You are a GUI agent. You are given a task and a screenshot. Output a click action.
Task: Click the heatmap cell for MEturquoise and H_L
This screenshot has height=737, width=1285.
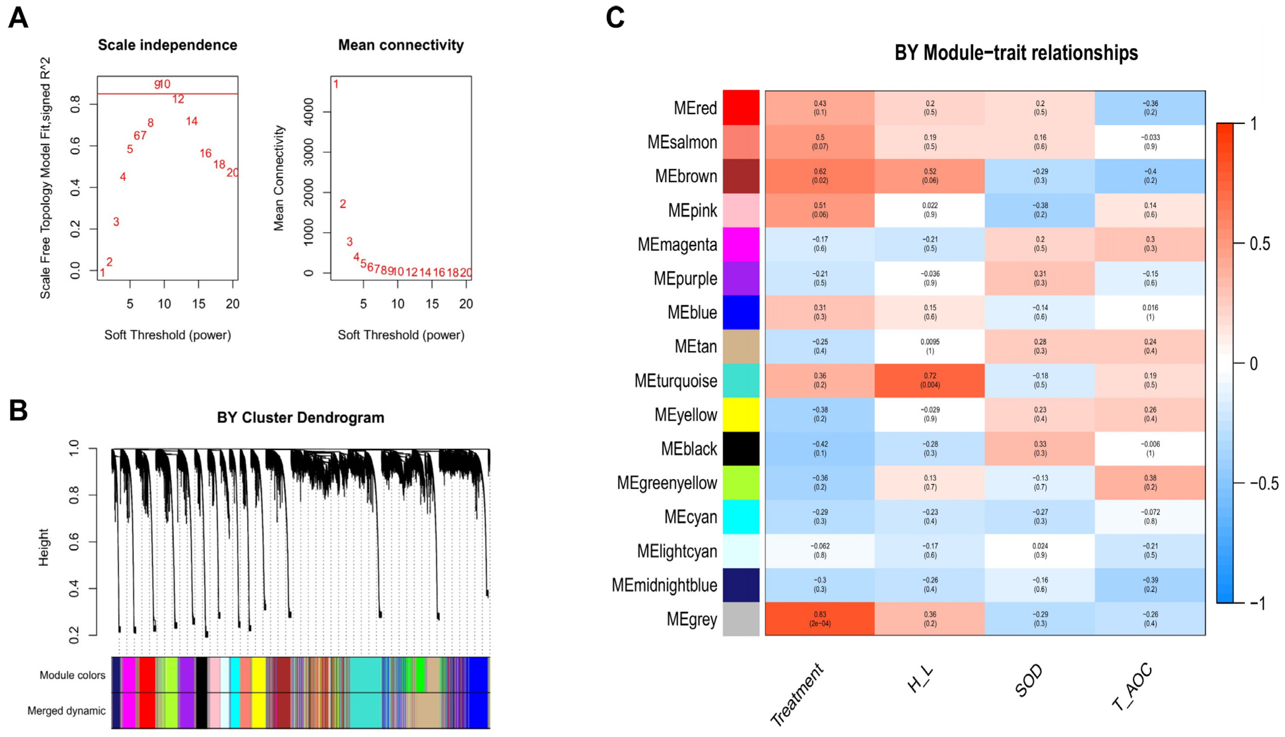point(929,380)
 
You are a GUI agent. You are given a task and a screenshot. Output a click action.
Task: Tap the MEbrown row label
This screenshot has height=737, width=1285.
point(686,176)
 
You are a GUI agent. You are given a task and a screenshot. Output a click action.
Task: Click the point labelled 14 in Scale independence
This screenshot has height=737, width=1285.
point(191,121)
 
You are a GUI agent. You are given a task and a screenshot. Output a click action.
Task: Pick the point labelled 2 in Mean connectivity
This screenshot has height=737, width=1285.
point(343,204)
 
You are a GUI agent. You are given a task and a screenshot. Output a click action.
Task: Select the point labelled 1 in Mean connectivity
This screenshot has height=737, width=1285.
point(336,84)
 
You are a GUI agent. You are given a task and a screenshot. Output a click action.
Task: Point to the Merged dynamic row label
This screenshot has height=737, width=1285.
point(66,711)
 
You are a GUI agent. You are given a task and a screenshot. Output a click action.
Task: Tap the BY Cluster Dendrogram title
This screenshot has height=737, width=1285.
point(300,418)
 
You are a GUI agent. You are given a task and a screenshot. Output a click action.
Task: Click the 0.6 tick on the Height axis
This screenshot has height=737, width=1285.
point(74,542)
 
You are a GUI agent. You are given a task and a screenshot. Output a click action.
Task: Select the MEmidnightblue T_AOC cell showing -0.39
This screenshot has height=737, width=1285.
point(1149,584)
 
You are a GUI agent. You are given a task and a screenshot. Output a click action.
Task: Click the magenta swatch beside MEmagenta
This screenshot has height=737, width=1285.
point(741,244)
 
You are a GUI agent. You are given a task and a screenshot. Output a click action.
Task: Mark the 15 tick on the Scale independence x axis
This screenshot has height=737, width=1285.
point(198,304)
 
